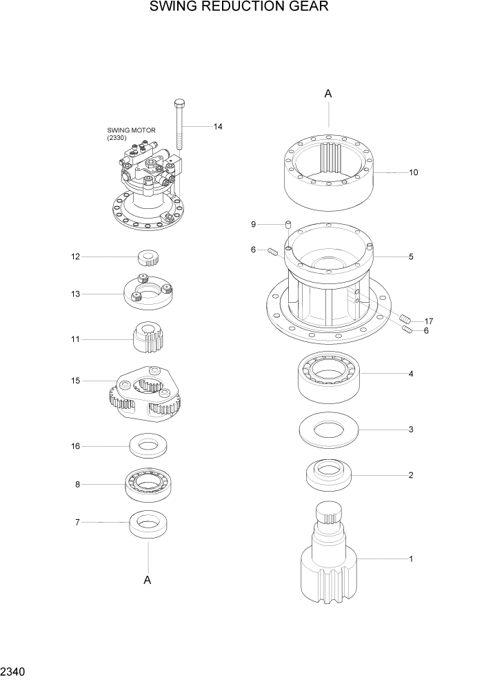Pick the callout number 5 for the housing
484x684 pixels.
click(411, 257)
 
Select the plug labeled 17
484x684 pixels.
click(406, 319)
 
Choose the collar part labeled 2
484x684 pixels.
click(328, 475)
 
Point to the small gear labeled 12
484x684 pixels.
click(149, 258)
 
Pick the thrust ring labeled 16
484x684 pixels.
click(149, 446)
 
